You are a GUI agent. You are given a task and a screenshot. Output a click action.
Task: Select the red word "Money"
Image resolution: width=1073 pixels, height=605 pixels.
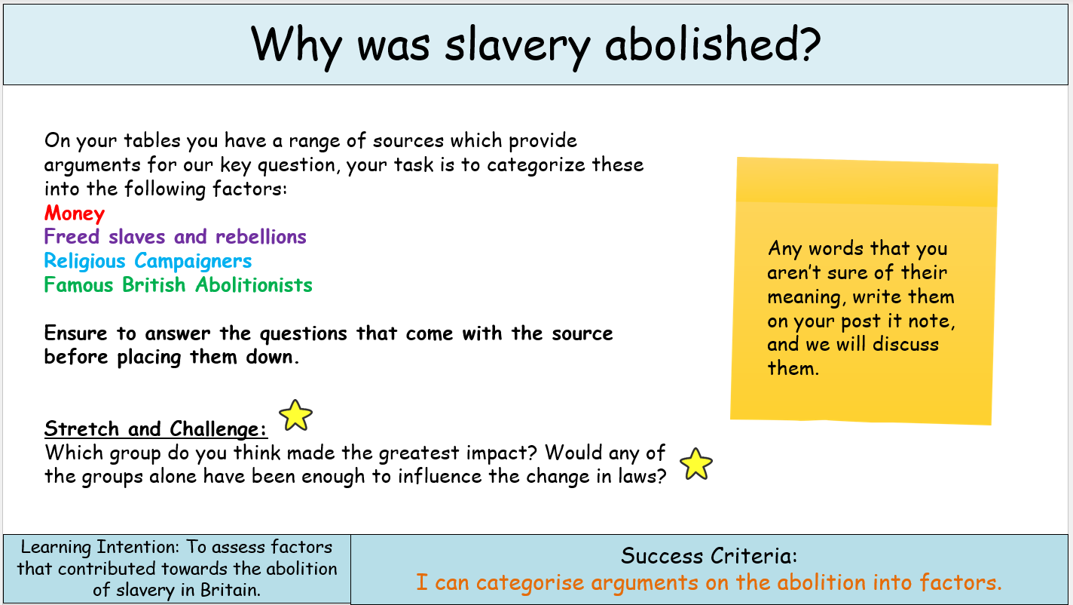(75, 213)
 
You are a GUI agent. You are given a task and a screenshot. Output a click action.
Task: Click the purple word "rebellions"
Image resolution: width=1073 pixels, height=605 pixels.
(261, 237)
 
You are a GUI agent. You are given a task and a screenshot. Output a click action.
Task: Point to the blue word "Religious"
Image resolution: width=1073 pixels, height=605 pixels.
(85, 261)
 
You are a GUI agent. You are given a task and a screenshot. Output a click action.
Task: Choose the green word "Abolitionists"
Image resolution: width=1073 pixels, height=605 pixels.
(254, 285)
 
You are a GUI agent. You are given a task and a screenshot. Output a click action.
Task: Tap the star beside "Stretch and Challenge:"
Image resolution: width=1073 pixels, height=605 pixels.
(295, 415)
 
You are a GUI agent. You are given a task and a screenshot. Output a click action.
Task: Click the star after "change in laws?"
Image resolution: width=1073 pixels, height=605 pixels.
(695, 463)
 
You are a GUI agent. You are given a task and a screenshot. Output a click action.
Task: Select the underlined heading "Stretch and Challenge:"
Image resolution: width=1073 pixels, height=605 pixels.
(156, 429)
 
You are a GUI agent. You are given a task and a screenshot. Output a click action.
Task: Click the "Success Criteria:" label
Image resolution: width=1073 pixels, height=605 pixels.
(709, 557)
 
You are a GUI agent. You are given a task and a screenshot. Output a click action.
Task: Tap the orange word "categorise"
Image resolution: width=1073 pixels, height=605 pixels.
(530, 582)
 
